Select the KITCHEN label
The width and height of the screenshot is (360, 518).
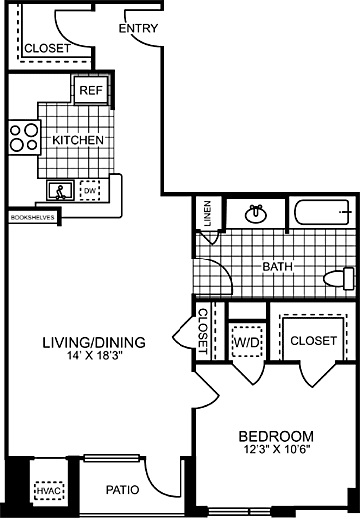click(78, 140)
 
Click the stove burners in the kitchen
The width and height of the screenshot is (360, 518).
click(20, 137)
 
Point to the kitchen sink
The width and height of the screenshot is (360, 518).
click(61, 189)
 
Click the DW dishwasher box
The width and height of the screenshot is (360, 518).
click(89, 189)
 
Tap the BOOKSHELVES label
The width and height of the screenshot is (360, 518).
click(30, 216)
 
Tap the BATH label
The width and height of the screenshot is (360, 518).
click(276, 267)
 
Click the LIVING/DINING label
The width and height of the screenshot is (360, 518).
click(94, 342)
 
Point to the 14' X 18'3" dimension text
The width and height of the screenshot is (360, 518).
click(94, 358)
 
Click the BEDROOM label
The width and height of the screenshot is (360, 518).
click(276, 436)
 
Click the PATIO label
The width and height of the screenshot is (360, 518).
click(122, 490)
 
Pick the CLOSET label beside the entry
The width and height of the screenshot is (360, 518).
click(46, 47)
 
